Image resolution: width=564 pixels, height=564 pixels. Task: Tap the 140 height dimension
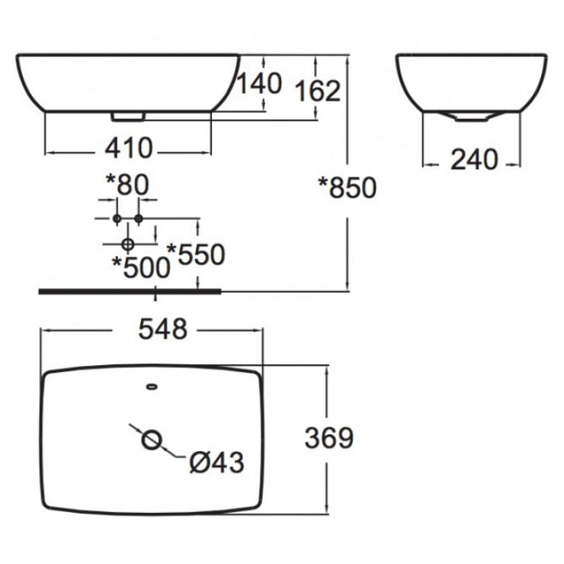point(260,82)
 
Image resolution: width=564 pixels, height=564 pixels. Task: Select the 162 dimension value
point(317,90)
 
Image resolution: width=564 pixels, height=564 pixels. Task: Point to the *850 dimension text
point(348,186)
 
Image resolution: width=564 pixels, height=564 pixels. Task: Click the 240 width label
point(473,159)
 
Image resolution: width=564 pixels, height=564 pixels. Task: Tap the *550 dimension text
point(196,254)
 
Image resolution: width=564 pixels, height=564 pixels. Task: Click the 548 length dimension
point(162,329)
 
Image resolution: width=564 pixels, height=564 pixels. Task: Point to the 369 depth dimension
point(328,437)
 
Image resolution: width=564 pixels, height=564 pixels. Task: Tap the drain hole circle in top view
point(152,439)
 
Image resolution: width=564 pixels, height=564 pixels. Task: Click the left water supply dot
point(116,219)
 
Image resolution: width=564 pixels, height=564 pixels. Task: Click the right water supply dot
point(139,219)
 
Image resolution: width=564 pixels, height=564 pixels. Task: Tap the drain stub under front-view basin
point(127,117)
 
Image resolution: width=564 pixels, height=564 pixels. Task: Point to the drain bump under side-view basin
point(469,117)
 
